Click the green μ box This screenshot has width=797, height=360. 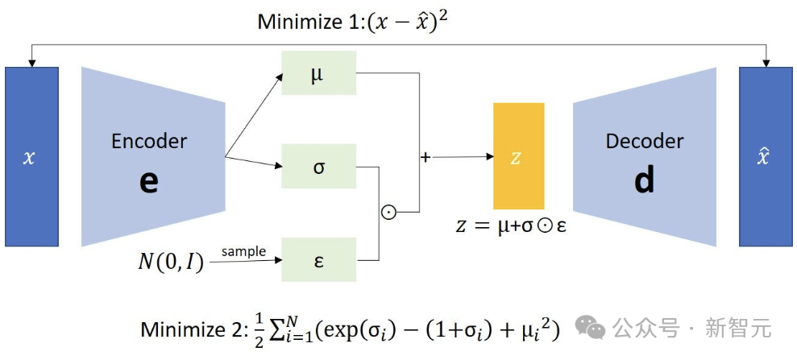point(318,72)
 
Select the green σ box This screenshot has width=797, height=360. point(318,166)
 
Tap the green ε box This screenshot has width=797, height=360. point(318,259)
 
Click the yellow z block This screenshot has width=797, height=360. point(518,156)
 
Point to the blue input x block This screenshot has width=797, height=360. point(31,157)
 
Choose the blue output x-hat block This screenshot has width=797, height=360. point(765,157)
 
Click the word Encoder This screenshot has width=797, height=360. point(149,141)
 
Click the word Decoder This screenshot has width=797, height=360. point(645,141)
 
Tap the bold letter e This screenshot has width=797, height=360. point(149,182)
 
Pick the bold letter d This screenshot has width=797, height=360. point(645,180)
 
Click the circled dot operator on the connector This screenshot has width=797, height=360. point(388,213)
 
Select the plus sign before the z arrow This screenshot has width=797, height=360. point(425,157)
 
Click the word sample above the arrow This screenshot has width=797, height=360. point(243,251)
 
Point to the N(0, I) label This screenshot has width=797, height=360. point(171,262)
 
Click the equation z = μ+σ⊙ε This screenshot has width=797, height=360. point(511,226)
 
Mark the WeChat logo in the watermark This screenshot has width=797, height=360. point(589,328)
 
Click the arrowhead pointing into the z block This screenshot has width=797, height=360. point(489,156)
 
